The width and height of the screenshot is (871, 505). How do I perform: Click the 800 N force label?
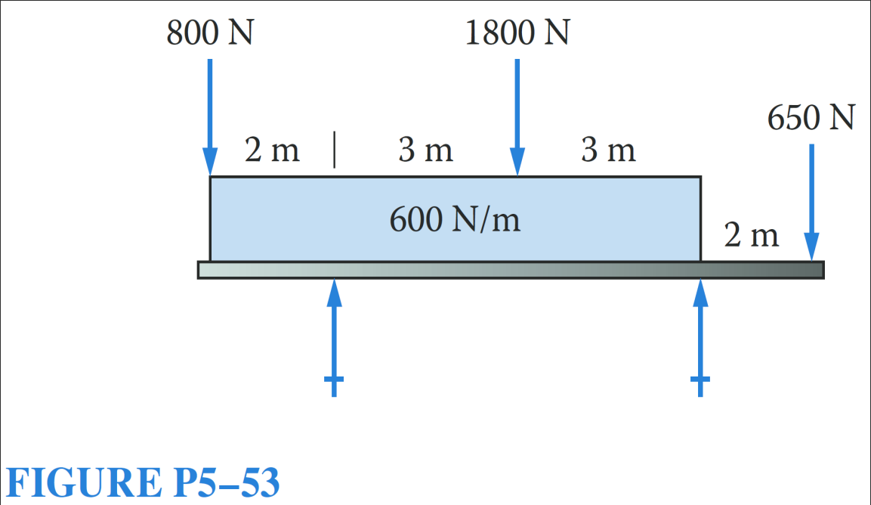[x=209, y=35]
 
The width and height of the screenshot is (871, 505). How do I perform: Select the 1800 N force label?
[x=517, y=35]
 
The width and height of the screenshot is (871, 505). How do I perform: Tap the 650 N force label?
[x=811, y=119]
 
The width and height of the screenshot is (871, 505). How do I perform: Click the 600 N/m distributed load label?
[x=455, y=220]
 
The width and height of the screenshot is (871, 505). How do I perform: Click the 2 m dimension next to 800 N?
[x=272, y=151]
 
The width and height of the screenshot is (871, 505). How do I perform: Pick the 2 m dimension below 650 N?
[x=751, y=236]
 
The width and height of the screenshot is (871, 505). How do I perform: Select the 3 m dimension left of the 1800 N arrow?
[x=426, y=151]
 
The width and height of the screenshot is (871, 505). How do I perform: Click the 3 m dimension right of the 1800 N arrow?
[x=608, y=151]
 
